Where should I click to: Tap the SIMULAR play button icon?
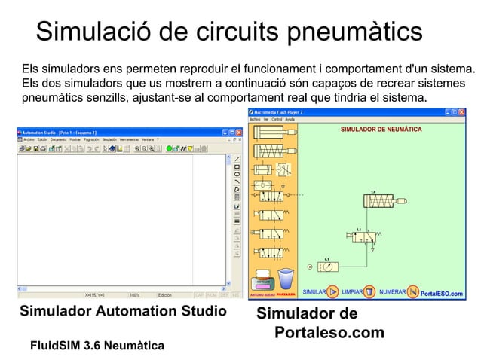pos(332,291)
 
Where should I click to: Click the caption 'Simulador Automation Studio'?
pos(123,310)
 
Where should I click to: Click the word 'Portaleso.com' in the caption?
pos(329,332)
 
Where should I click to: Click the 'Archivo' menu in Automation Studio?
pos(29,139)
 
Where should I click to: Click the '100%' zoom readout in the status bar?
pos(136,294)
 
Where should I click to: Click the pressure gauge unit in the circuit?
pos(330,266)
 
